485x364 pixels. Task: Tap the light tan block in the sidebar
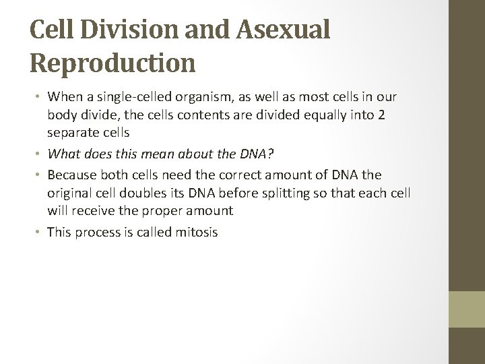point(467,309)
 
